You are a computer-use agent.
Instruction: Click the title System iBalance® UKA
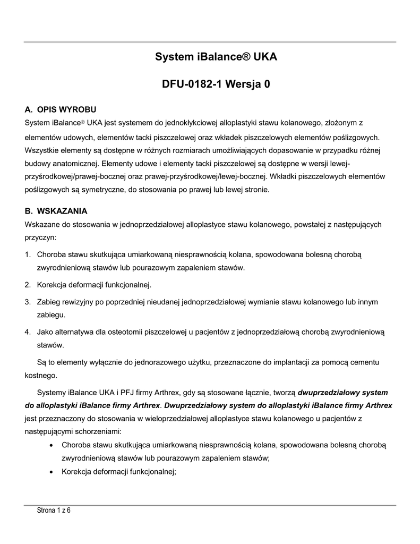216,56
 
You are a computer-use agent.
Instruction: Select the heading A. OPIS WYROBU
61,110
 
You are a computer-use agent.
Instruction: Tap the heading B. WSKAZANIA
56,211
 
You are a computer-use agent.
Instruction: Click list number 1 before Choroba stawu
27,254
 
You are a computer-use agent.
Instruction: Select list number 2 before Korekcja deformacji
27,284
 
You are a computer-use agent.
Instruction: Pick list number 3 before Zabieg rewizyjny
27,302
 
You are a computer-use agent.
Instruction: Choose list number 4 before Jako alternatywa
27,331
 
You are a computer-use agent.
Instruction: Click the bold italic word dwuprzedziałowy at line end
329,393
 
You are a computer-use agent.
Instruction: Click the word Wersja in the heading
240,84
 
